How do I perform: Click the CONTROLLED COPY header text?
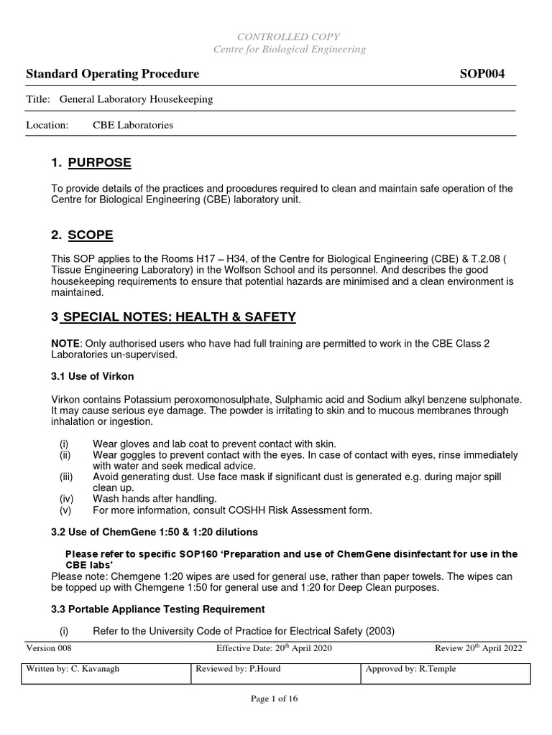[x=289, y=37]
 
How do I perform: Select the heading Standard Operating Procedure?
[x=113, y=74]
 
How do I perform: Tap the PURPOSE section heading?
[x=99, y=163]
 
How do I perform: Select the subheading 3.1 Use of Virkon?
[x=93, y=376]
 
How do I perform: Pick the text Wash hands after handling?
[x=155, y=498]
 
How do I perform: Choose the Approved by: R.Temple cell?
[x=411, y=669]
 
